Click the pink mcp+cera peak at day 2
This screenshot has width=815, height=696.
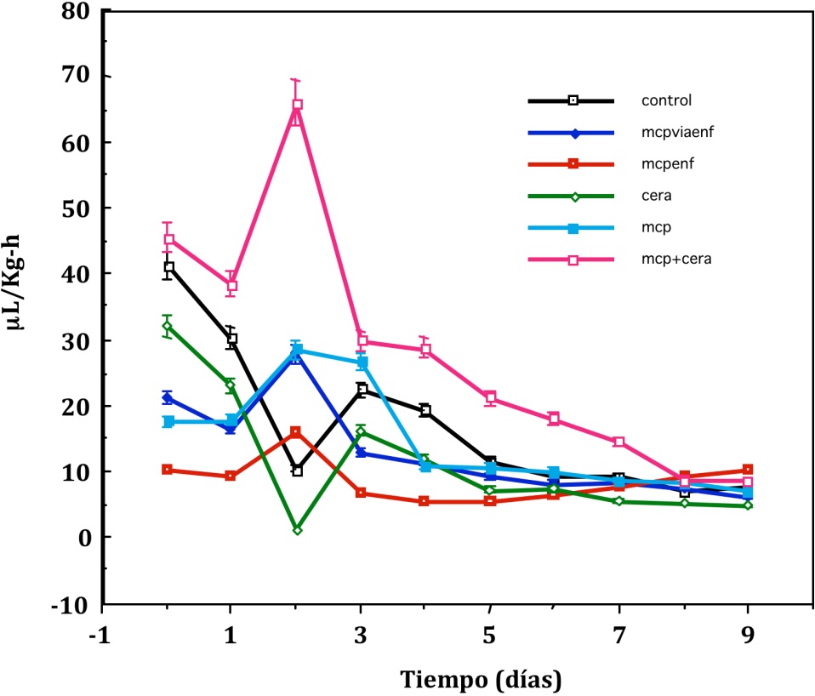coord(297,106)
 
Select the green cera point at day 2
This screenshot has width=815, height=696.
coord(297,529)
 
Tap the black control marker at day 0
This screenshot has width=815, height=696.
coord(168,267)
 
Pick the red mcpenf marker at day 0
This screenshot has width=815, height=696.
coord(168,470)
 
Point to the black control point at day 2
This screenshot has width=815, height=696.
coord(297,471)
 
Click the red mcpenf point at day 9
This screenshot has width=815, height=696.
coord(748,470)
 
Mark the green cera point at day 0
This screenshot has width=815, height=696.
coord(168,326)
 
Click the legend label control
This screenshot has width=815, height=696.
coord(666,100)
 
